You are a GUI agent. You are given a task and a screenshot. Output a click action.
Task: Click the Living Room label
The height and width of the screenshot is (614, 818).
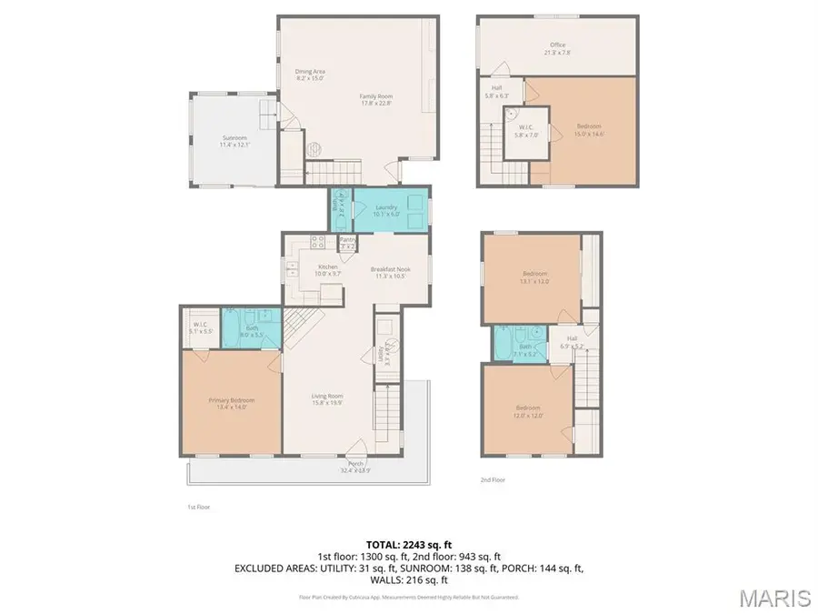tap(326, 398)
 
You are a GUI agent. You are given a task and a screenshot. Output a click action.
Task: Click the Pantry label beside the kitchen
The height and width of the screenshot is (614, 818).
tap(347, 242)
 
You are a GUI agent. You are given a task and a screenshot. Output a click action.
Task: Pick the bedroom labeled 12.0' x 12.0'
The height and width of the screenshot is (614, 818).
tap(528, 410)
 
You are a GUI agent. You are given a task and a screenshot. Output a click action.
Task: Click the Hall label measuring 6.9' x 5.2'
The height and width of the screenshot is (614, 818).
tap(564, 344)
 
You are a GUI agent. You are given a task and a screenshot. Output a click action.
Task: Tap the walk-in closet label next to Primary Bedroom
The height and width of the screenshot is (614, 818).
tap(200, 327)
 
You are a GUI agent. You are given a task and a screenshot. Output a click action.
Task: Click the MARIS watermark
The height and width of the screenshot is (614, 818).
tap(774, 598)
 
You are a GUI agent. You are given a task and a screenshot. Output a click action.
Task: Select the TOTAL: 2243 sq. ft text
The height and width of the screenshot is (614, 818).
tap(409, 544)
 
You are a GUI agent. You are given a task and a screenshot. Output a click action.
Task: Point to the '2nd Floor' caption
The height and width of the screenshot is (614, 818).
tap(493, 479)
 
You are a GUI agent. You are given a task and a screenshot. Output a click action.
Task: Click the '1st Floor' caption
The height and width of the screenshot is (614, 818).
tap(198, 507)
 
